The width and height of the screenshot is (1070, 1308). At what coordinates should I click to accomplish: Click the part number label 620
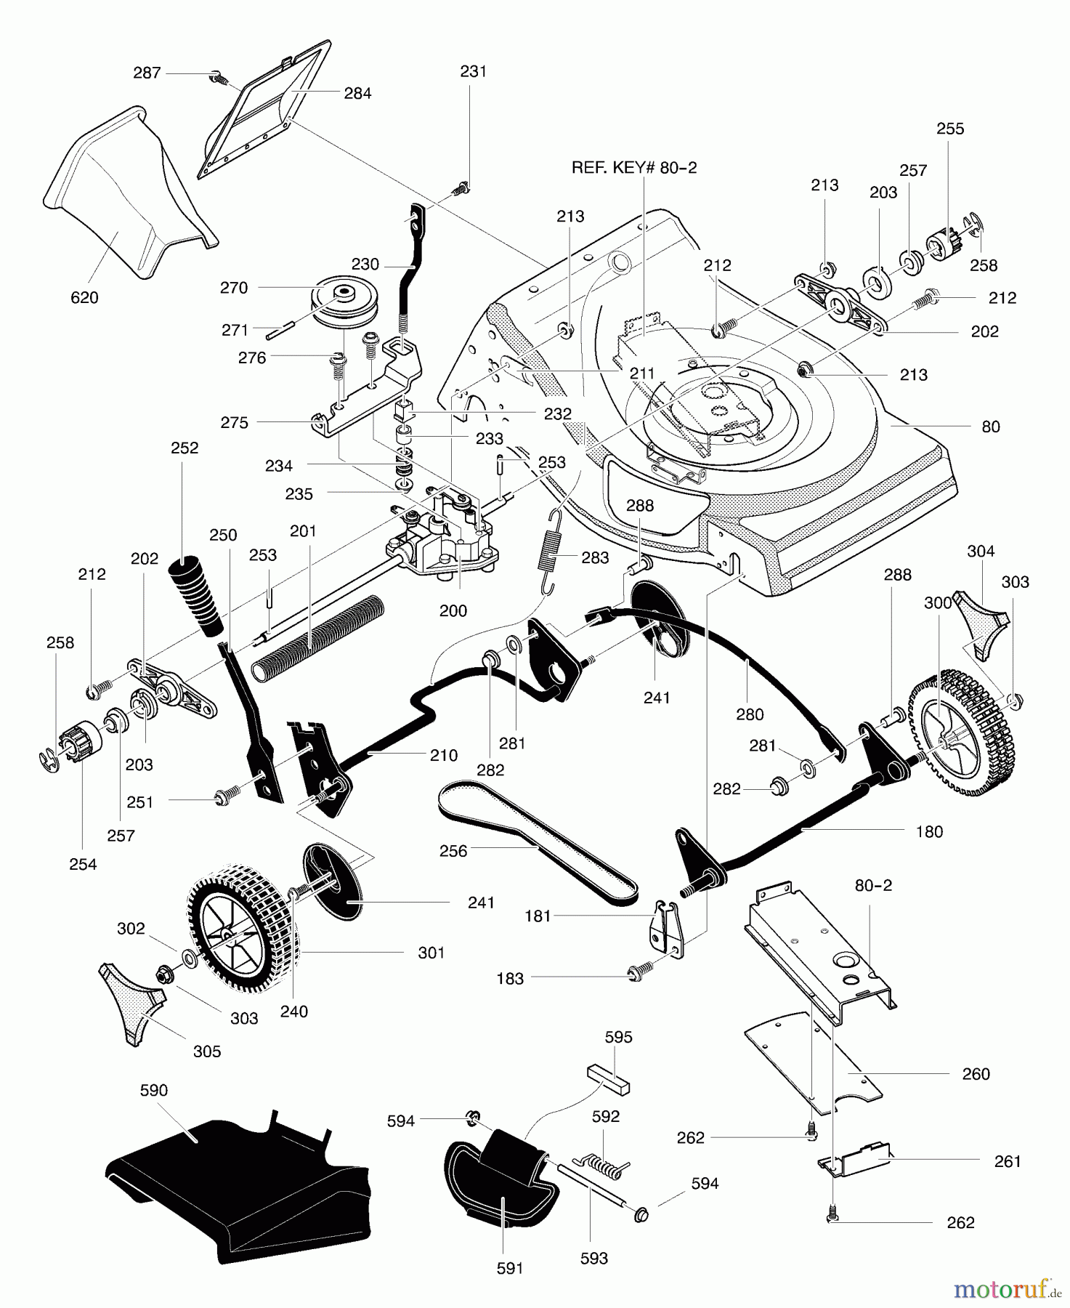(x=84, y=297)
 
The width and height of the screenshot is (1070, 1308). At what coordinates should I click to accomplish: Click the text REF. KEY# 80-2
(x=634, y=167)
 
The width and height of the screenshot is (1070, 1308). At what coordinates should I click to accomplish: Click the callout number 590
(x=153, y=1090)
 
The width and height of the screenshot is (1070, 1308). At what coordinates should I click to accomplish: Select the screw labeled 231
(x=459, y=190)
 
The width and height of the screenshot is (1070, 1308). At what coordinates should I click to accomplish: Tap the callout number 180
(x=929, y=831)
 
